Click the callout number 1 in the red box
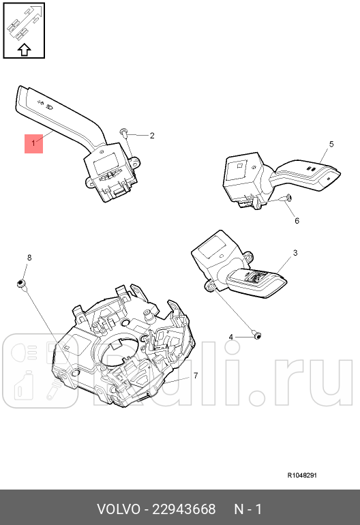[33, 144]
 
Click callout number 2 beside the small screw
[152, 136]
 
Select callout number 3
[295, 253]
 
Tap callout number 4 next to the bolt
[230, 337]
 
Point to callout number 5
[331, 144]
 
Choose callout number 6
[297, 221]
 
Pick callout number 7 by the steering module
[195, 375]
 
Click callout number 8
[29, 257]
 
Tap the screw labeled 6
[287, 198]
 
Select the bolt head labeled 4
[256, 335]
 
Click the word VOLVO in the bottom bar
[118, 509]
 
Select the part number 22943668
[184, 509]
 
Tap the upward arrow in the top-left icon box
[25, 48]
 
